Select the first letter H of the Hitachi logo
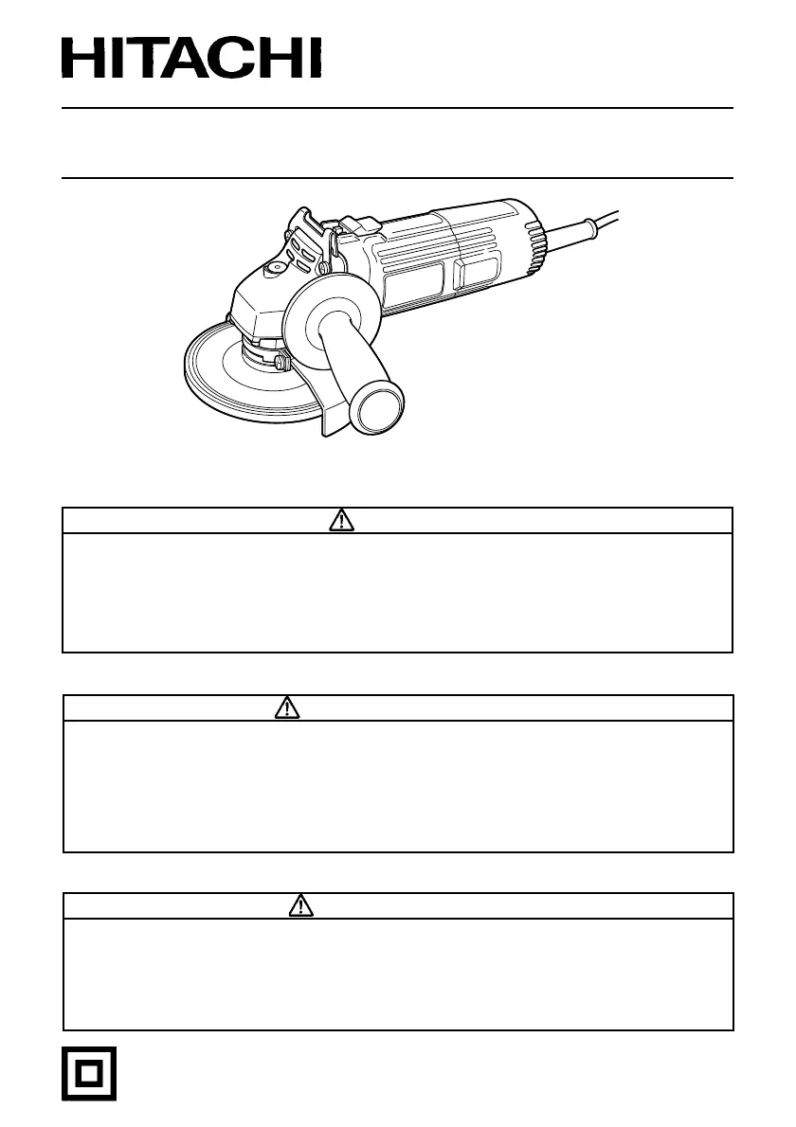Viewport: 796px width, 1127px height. [x=81, y=58]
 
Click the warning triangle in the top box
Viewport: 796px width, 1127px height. [x=341, y=520]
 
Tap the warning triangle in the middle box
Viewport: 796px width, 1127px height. [x=287, y=708]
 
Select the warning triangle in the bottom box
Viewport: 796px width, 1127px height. [x=301, y=905]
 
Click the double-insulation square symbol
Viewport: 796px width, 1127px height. [x=88, y=1074]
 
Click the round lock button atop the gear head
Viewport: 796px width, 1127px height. [x=274, y=270]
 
